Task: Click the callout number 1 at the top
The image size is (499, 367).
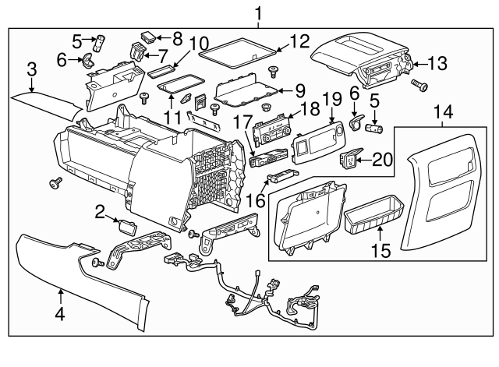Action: click(258, 12)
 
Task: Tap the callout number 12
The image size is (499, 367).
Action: click(299, 41)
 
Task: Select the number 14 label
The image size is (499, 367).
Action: click(446, 114)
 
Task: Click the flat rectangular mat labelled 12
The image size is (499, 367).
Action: click(238, 52)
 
